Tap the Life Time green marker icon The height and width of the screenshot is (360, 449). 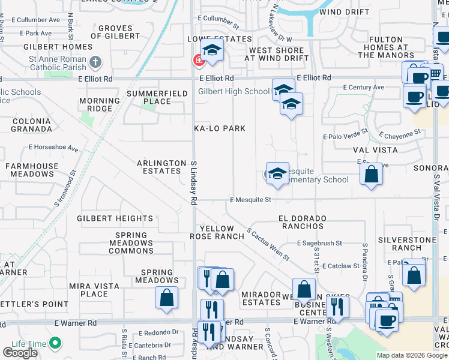(x=55, y=344)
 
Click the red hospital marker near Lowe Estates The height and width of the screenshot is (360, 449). (x=197, y=60)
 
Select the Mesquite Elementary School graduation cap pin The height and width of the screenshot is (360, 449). (x=277, y=174)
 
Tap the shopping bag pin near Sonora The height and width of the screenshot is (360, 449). (x=372, y=175)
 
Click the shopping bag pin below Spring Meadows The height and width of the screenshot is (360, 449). (x=166, y=298)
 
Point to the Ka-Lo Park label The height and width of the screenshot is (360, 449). (x=219, y=128)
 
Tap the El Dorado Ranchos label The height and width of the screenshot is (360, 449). (x=301, y=222)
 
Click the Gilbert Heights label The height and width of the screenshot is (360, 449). (x=115, y=218)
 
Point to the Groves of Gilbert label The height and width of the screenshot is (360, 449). (x=115, y=32)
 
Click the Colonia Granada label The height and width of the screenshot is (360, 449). (x=32, y=125)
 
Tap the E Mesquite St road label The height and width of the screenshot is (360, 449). (x=250, y=200)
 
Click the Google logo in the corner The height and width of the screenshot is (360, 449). (x=20, y=353)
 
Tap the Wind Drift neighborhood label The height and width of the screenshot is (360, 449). (x=344, y=12)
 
